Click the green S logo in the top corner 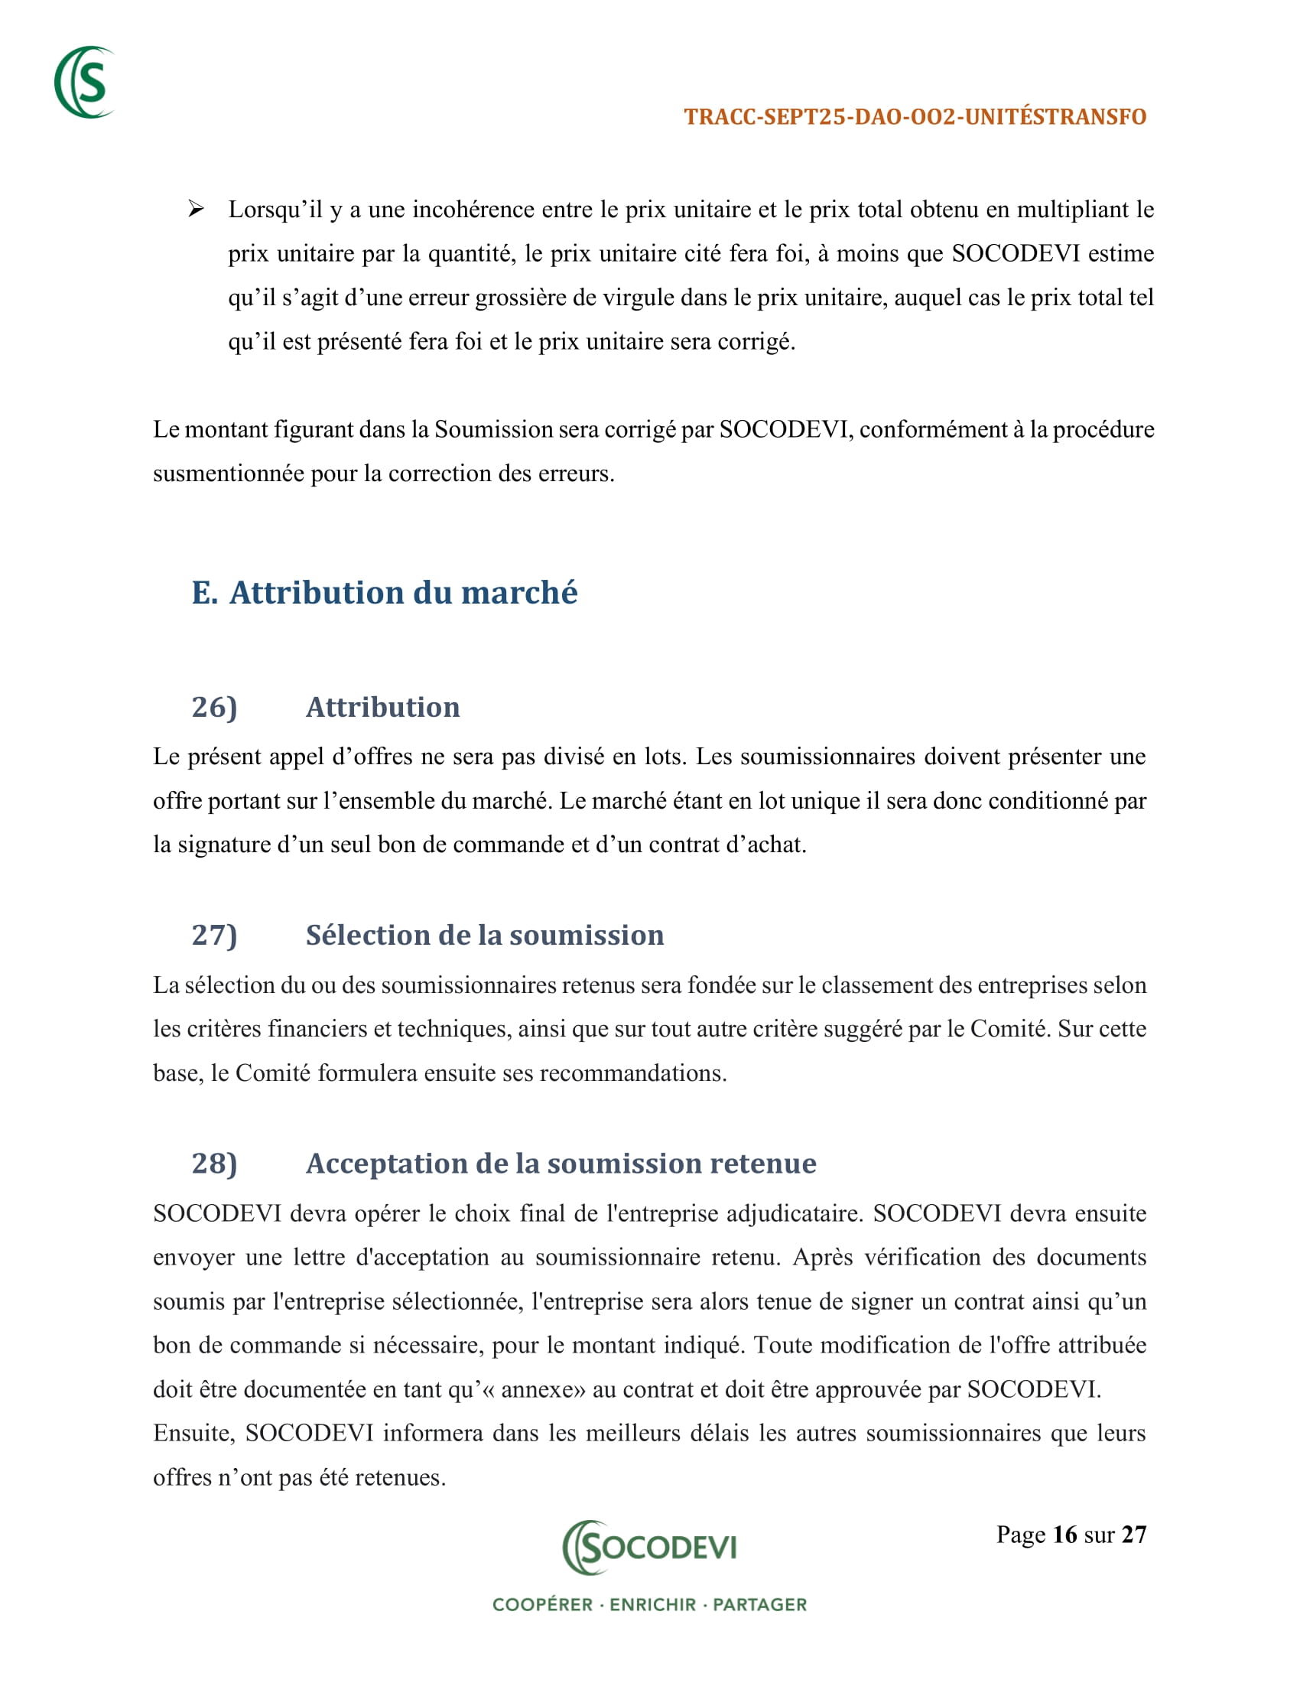click(85, 83)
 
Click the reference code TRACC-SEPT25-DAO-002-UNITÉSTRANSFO click(915, 117)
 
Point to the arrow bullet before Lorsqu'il click(197, 209)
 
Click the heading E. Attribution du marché click(385, 593)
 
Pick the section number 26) click(214, 707)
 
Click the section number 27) click(214, 935)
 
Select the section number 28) click(214, 1163)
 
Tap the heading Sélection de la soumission click(484, 935)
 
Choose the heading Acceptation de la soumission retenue click(561, 1163)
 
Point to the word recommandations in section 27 click(632, 1073)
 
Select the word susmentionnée click(228, 473)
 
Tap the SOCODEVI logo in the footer click(649, 1547)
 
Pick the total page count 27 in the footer click(1133, 1535)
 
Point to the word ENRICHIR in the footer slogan click(652, 1604)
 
